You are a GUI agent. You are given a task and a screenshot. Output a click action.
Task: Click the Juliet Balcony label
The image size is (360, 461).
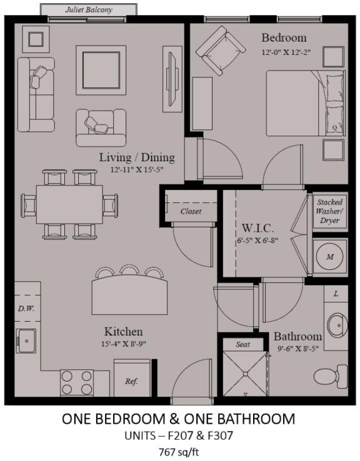(x=89, y=10)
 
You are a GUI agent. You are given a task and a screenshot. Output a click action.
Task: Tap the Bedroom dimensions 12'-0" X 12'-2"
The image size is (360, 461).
(x=286, y=52)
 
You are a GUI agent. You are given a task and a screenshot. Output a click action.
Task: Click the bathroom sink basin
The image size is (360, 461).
(x=337, y=325)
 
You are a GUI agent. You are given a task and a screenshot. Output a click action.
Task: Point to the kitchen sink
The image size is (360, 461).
(x=26, y=340)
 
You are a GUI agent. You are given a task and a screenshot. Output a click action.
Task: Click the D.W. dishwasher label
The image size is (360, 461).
(x=26, y=309)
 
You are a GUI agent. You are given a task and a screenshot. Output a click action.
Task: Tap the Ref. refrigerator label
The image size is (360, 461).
(x=131, y=381)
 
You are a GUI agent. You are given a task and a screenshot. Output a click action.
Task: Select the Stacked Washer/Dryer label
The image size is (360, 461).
(x=329, y=211)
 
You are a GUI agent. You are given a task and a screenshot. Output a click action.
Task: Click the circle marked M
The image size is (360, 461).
(x=330, y=256)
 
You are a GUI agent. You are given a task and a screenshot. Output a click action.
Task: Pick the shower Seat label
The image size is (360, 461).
(x=242, y=344)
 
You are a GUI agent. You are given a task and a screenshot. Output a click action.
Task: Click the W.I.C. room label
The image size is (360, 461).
(x=257, y=228)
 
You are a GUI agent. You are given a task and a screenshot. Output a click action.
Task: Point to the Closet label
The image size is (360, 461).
(x=191, y=211)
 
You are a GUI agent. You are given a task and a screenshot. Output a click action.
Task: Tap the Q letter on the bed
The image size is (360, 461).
(x=334, y=127)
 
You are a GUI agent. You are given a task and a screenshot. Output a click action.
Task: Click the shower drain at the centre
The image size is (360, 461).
(x=245, y=374)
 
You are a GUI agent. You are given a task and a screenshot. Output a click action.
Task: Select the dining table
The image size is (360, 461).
(x=69, y=204)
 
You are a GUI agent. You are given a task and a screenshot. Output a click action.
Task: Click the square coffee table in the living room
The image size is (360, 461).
(x=101, y=70)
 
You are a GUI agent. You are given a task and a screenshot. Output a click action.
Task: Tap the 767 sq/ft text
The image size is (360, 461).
(x=179, y=452)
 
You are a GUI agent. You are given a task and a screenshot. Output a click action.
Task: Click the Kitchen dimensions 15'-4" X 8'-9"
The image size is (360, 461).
(x=124, y=344)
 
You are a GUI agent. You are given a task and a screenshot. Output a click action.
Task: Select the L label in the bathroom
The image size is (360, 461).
(x=336, y=294)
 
